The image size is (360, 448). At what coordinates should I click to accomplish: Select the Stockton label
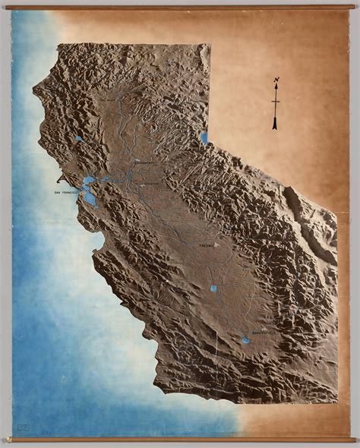(150, 184)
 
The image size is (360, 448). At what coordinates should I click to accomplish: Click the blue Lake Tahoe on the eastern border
(204, 138)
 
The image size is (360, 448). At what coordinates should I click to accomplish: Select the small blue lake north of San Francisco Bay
(79, 139)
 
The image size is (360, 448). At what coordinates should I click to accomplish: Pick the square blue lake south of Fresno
(213, 289)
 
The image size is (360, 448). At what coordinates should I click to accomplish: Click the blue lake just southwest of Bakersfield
(245, 340)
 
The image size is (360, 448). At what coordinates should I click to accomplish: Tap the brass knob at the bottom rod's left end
(9, 440)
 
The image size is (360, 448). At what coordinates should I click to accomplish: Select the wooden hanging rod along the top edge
(180, 8)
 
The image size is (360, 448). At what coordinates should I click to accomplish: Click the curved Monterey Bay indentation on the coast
(101, 241)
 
